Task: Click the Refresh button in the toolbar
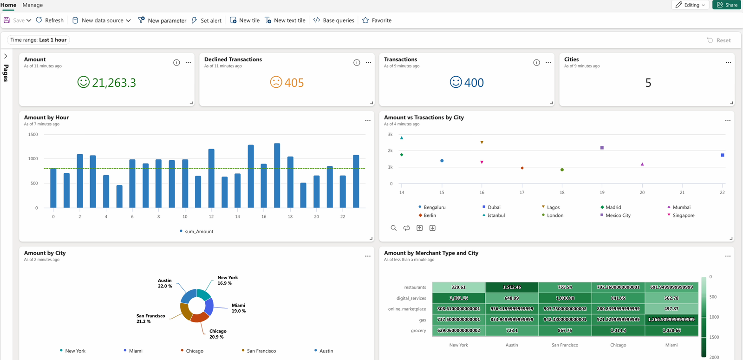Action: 50,20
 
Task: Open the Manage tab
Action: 33,5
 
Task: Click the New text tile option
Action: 285,20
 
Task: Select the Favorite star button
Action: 377,20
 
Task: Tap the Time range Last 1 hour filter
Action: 39,40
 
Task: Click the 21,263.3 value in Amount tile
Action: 113,83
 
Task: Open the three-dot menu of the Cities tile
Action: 728,63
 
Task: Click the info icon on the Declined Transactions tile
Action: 357,63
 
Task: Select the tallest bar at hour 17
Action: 277,176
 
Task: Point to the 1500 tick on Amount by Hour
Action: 33,135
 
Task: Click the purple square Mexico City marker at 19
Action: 602,148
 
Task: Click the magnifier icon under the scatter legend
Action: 393,228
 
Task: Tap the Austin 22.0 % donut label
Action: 165,283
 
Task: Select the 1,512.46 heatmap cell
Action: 512,287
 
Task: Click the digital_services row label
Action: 411,298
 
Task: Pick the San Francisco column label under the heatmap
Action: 565,345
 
